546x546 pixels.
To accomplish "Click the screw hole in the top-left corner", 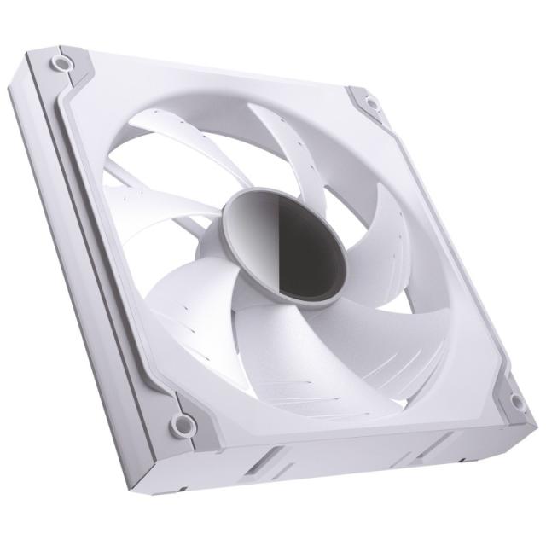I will click(x=61, y=64).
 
